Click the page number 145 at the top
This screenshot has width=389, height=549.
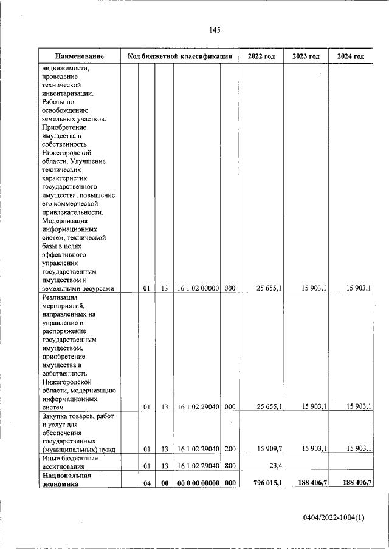(x=214, y=30)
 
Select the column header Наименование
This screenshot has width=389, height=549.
(x=78, y=56)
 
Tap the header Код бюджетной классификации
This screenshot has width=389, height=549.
(x=179, y=56)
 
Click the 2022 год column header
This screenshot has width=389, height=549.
(x=261, y=56)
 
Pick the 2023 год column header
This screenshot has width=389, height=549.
(x=305, y=56)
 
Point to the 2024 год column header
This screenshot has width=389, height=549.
(x=351, y=56)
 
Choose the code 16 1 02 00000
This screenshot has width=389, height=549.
(x=198, y=289)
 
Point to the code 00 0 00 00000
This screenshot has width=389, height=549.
(x=198, y=482)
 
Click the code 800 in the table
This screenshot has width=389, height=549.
(x=229, y=466)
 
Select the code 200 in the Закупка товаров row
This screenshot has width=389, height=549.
(x=229, y=449)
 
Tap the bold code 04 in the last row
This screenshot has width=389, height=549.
(x=146, y=482)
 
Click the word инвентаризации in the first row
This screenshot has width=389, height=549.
(x=67, y=93)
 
